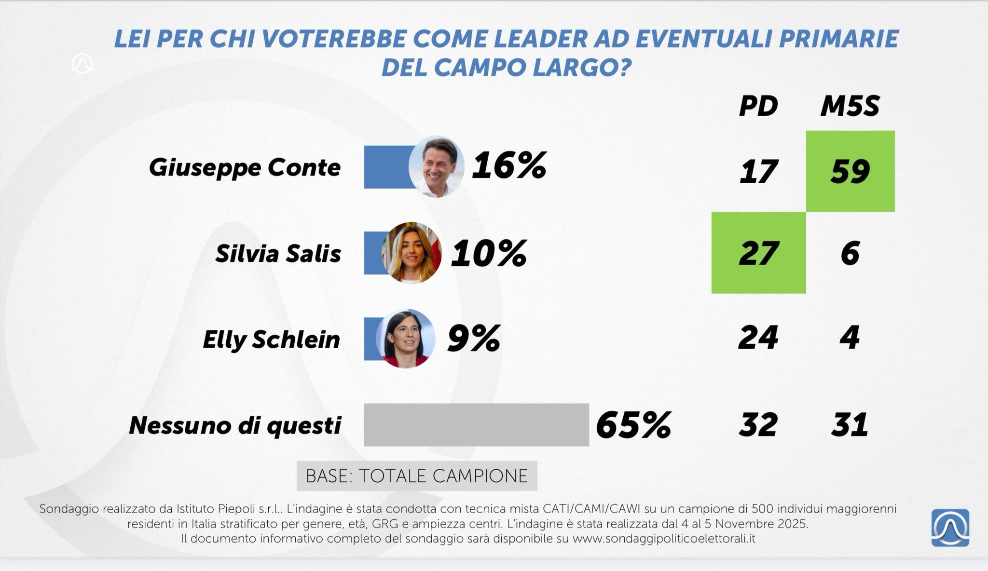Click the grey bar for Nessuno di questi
pos(476,425)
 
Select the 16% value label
pos(509,165)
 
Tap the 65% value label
pos(633,425)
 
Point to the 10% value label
pos(488,253)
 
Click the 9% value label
pos(473,339)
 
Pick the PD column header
pos(758,106)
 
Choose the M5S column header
pos(850,106)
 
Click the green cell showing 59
pos(850,171)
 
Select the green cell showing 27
pos(758,253)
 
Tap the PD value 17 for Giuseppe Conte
pos(758,171)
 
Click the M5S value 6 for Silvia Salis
pos(850,253)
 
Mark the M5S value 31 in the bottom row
pos(850,425)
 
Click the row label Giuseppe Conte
pos(245,168)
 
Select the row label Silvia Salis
pos(278,254)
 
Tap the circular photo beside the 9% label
pos(405,339)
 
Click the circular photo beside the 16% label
pos(436,166)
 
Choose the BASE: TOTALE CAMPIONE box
pos(416,476)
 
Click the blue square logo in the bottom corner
pos(950,528)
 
